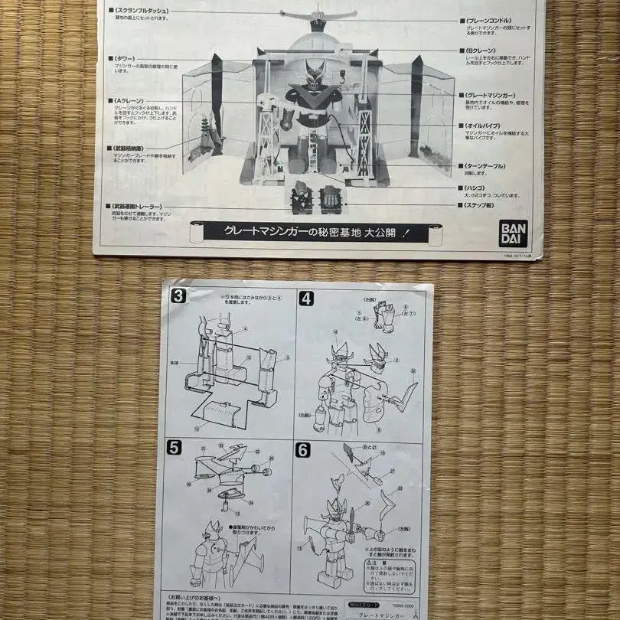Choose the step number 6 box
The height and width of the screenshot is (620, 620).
pos(304,450)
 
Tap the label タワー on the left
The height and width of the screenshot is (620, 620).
pos(126,58)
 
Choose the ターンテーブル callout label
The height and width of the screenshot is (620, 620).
pos(491,165)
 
